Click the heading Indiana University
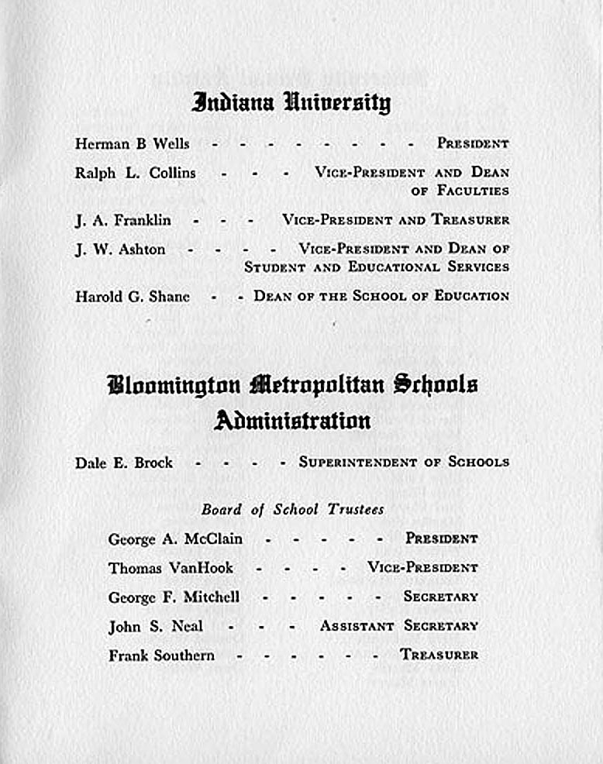tap(291, 103)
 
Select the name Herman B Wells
tap(132, 144)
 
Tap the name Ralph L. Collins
tap(135, 174)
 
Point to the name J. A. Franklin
tap(122, 221)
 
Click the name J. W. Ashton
tap(119, 250)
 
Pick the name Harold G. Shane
tap(132, 296)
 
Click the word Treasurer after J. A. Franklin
tap(470, 221)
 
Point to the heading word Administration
tap(292, 421)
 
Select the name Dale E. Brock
tap(123, 463)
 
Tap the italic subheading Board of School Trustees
tap(292, 510)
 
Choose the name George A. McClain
tap(175, 539)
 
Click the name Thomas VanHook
tap(171, 568)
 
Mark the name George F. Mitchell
tap(174, 597)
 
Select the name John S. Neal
tap(155, 626)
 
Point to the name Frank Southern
tap(161, 656)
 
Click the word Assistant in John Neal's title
tap(357, 626)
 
